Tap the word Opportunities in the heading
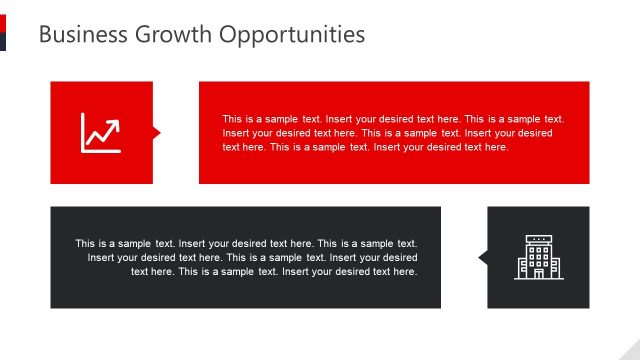point(293,35)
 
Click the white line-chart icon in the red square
point(101,133)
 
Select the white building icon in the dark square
point(538,257)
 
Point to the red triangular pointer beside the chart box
point(156,133)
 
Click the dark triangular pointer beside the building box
point(483,258)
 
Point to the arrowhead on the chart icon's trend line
point(116,123)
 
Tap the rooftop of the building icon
point(538,239)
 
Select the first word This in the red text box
point(232,119)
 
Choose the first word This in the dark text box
point(85,243)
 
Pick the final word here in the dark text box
point(405,271)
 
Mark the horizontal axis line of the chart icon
point(102,151)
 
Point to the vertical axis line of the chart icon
point(84,133)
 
